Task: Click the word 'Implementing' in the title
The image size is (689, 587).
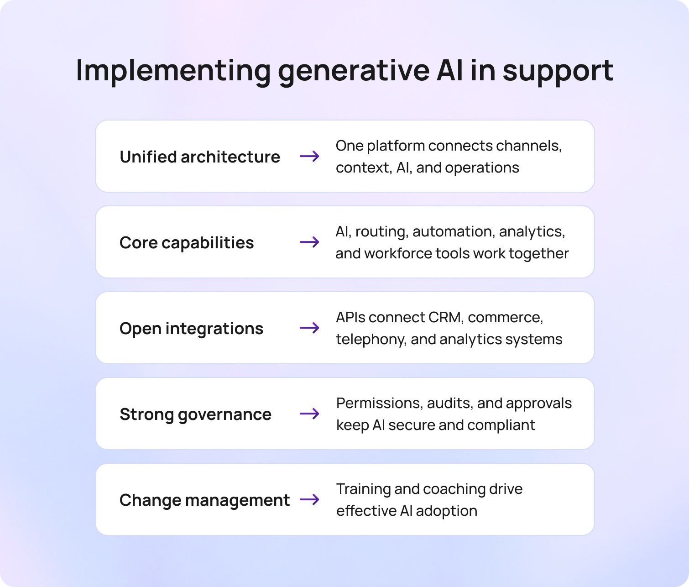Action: point(173,71)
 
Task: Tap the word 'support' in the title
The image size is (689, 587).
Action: point(558,71)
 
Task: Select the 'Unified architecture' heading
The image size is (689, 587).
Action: point(199,157)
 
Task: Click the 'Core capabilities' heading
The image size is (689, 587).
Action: point(186,242)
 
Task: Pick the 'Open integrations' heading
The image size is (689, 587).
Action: point(191,328)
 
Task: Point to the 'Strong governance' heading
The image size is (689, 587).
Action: point(195,414)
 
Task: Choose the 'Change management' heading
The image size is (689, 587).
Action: point(204,500)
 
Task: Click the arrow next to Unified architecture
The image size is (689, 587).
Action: point(309,157)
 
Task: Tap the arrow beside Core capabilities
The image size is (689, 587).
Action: point(309,242)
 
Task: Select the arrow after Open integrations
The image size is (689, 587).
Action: point(309,328)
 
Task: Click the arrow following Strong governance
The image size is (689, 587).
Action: point(309,414)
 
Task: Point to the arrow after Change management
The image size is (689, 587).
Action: point(309,499)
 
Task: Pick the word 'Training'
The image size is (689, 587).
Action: point(363,489)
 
